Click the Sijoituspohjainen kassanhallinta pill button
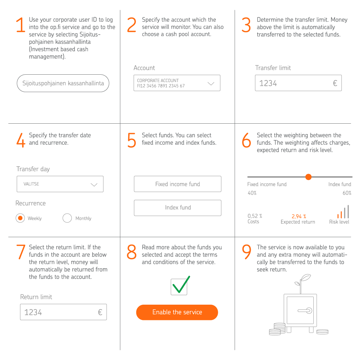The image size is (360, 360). (63, 83)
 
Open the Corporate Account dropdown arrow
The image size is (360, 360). (211, 83)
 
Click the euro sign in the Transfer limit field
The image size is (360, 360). (335, 83)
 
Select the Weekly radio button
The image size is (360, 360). (20, 218)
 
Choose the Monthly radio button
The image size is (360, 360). (67, 218)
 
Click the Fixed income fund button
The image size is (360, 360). (178, 184)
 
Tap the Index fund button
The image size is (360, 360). (178, 208)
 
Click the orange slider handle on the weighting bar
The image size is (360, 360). (308, 177)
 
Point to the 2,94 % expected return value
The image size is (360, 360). (299, 216)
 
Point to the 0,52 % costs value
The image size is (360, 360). (255, 216)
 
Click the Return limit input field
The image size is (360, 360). (63, 312)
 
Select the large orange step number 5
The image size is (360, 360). (132, 140)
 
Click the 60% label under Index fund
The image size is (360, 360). (347, 193)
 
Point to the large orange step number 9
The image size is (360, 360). (246, 252)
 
